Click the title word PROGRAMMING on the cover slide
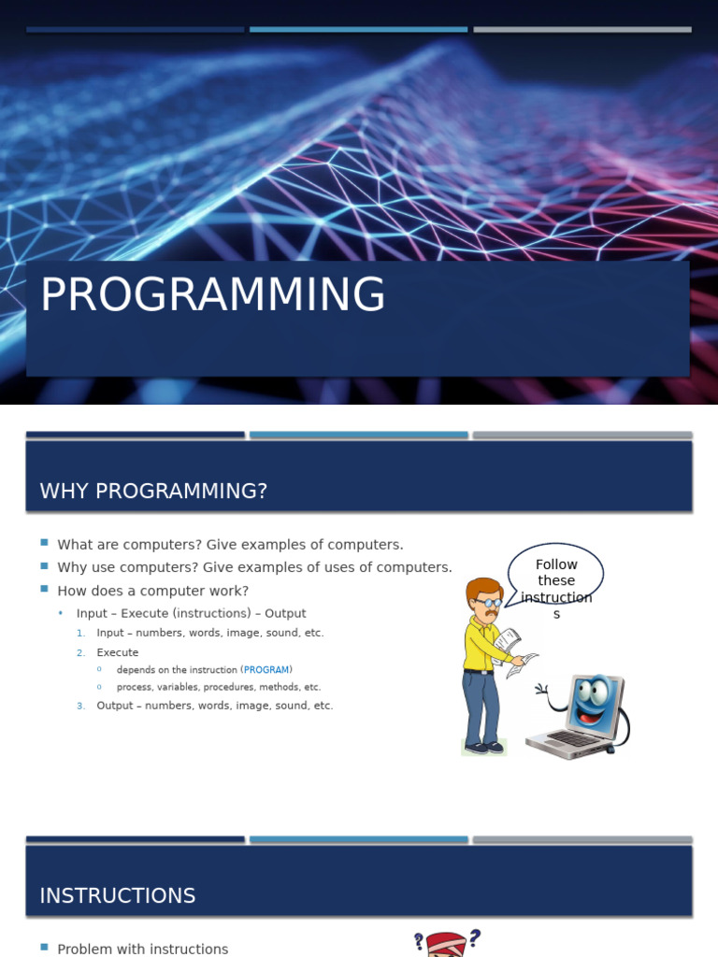(x=212, y=293)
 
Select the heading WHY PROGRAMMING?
(x=153, y=491)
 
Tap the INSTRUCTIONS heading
(x=117, y=895)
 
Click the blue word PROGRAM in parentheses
(x=266, y=669)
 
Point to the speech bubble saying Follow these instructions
(x=555, y=574)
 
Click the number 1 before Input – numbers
(x=81, y=634)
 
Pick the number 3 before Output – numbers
(x=81, y=706)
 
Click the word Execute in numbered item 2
(x=117, y=652)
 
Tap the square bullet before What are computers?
(x=44, y=542)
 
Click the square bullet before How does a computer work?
(x=44, y=589)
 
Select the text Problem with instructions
(x=143, y=950)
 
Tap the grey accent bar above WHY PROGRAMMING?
(x=582, y=436)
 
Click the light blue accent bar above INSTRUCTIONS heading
(x=359, y=840)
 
